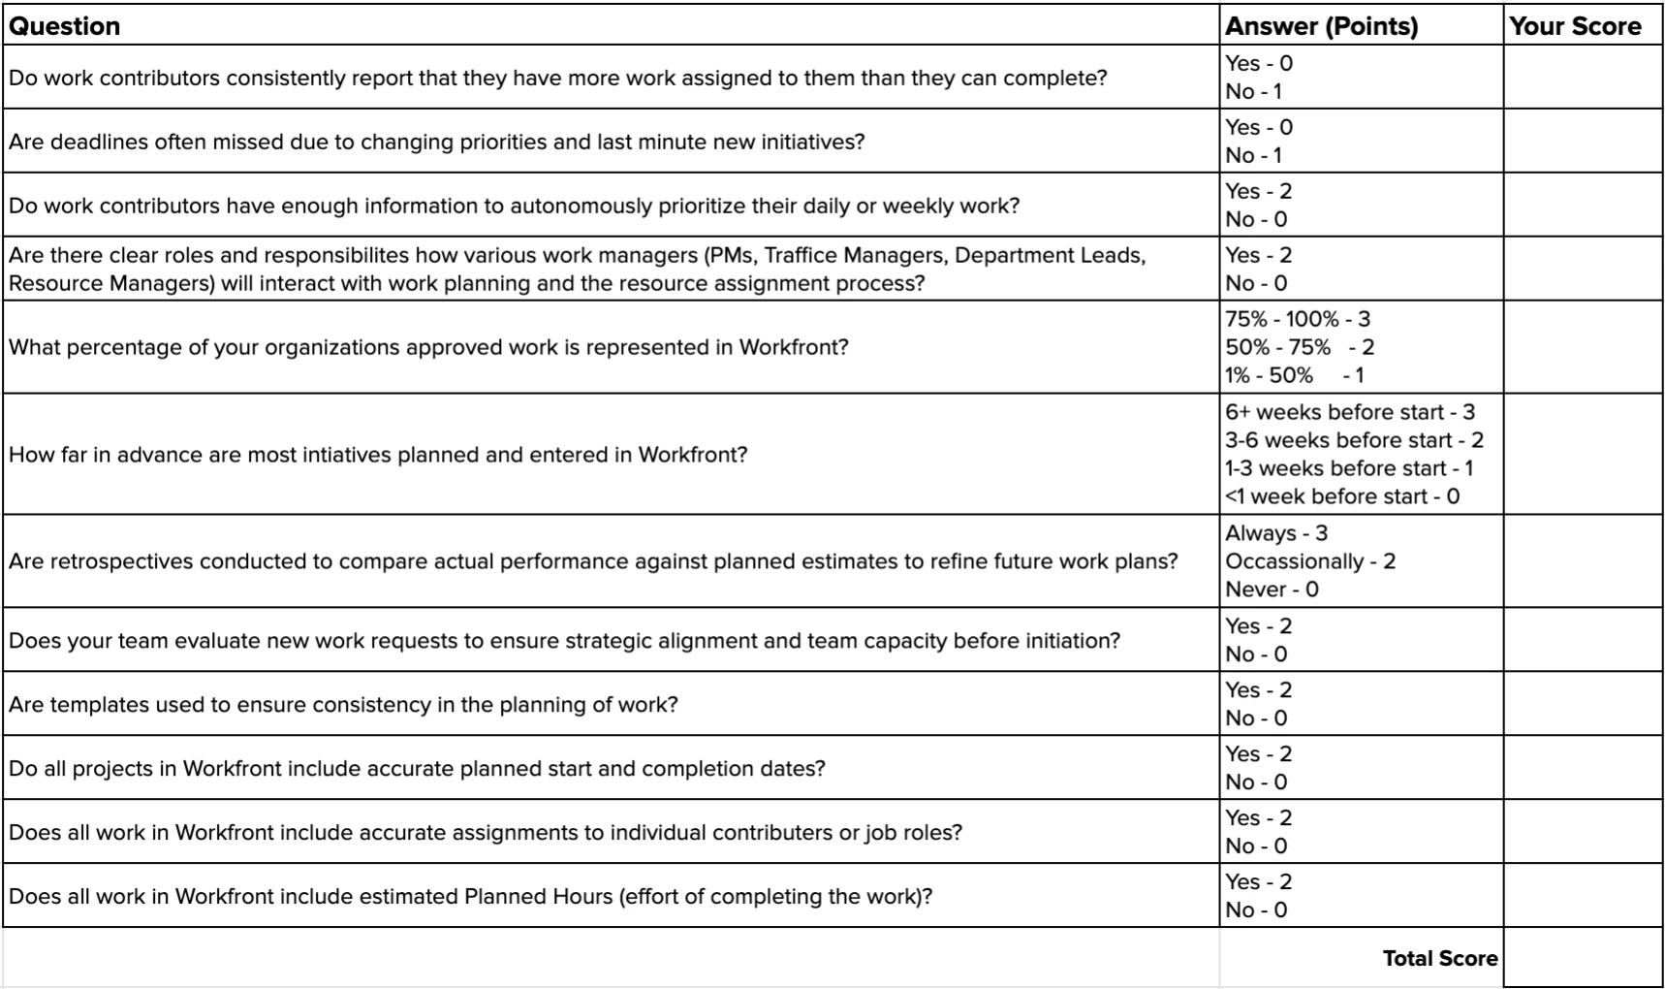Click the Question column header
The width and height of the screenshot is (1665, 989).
(x=65, y=26)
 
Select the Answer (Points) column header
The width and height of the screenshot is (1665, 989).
(x=1321, y=26)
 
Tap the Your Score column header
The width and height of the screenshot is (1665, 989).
(x=1575, y=26)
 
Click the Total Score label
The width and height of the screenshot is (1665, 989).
(x=1439, y=958)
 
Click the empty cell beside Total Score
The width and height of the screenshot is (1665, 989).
(x=1583, y=958)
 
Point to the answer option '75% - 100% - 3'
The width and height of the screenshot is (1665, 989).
(x=1297, y=319)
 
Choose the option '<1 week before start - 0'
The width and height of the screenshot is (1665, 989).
(x=1341, y=496)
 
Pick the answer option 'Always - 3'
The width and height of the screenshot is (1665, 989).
(x=1275, y=533)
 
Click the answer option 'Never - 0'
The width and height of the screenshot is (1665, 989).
(x=1272, y=590)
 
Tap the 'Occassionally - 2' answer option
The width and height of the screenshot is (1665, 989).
(x=1309, y=561)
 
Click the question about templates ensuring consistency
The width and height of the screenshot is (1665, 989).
(x=343, y=705)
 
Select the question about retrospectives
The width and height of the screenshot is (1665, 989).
(x=593, y=561)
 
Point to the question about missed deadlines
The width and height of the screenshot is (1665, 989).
(x=436, y=143)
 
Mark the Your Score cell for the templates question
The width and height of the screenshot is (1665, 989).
(x=1583, y=704)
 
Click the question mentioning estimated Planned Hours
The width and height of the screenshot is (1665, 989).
(x=470, y=897)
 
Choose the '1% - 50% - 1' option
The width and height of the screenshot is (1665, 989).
(x=1294, y=375)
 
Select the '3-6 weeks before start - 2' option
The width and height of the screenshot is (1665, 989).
(x=1354, y=440)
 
